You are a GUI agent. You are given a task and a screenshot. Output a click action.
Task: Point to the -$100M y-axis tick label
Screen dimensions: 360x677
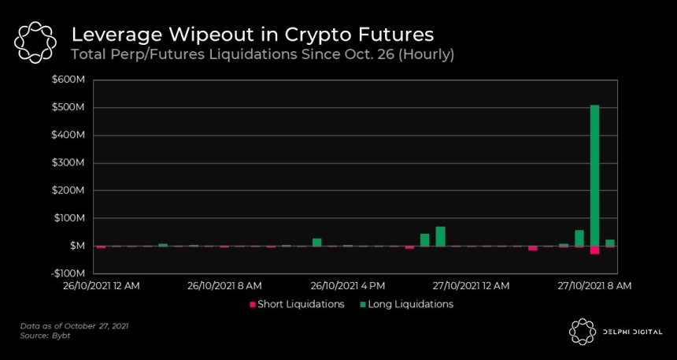(68, 273)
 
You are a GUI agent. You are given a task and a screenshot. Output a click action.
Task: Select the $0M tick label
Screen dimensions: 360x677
(76, 246)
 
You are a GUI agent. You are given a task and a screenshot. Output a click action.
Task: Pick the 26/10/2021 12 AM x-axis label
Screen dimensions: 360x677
(101, 285)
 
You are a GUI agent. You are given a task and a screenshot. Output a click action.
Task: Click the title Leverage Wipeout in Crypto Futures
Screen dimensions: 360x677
(252, 35)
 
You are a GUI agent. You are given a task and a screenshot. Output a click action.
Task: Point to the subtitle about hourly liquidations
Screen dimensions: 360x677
(262, 54)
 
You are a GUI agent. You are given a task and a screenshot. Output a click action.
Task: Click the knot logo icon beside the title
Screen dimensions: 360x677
(35, 43)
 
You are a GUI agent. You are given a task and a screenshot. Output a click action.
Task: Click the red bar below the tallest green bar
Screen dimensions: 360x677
(594, 250)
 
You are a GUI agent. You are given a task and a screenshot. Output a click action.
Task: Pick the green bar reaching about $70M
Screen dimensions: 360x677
(440, 236)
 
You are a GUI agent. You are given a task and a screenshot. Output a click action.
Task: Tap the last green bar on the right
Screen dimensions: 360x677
(610, 243)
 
